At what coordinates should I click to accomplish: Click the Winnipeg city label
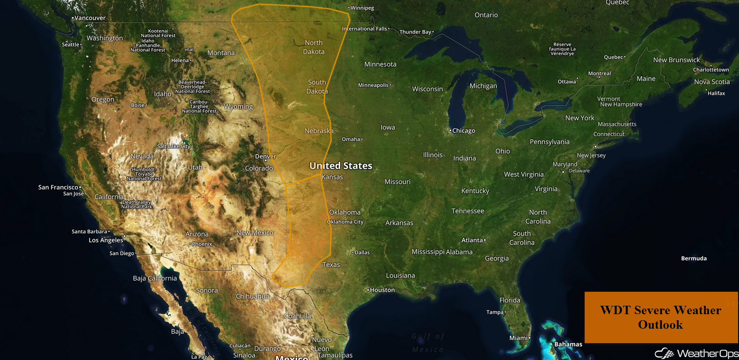pos(362,8)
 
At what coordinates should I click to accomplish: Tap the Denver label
pos(265,156)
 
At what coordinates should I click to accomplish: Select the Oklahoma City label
pos(346,222)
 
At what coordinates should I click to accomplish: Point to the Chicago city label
pos(463,130)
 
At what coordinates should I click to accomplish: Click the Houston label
pos(382,290)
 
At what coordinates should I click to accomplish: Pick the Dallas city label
pos(362,252)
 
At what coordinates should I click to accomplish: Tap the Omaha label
pos(351,139)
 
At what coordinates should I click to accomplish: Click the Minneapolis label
pos(374,85)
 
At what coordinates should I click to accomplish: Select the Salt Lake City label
pos(174,146)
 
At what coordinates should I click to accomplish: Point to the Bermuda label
pos(694,258)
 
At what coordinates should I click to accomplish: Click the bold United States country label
pos(341,166)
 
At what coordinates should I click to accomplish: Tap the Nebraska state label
pos(319,131)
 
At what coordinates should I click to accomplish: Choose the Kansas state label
pos(333,177)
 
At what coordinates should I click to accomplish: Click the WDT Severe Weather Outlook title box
pos(660,317)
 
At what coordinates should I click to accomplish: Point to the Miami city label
pos(519,338)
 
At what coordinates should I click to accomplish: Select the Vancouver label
pos(90,18)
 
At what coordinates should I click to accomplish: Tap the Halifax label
pos(716,93)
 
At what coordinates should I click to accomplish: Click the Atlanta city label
pos(472,240)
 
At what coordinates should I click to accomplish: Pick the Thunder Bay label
pos(415,32)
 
